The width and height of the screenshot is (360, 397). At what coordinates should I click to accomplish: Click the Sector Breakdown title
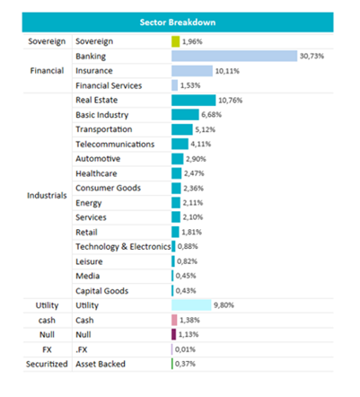(178, 22)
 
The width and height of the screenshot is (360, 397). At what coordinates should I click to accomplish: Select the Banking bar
(234, 56)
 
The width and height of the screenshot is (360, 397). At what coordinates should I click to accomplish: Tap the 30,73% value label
(312, 56)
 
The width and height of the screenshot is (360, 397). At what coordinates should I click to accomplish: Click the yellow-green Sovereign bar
(176, 41)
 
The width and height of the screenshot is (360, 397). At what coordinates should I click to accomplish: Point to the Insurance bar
(192, 71)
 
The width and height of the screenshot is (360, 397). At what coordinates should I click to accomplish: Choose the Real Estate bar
(194, 100)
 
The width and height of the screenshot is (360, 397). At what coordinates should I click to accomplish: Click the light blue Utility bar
(191, 305)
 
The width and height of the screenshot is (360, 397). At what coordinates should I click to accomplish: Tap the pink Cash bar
(174, 320)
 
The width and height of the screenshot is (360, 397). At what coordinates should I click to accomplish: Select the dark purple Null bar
(174, 334)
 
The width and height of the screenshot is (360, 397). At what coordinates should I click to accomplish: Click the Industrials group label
(47, 196)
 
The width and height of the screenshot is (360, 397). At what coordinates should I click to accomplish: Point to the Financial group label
(47, 71)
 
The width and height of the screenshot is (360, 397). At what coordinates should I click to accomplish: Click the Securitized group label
(47, 364)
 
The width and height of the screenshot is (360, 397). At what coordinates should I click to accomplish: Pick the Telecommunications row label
(115, 145)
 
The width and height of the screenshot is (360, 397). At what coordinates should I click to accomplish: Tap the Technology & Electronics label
(123, 247)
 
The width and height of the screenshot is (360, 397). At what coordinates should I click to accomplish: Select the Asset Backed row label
(101, 364)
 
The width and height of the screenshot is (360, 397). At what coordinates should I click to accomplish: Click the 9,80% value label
(224, 305)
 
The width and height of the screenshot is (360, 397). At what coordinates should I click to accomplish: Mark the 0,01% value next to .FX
(185, 349)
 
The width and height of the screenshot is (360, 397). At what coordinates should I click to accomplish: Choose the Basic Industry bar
(185, 115)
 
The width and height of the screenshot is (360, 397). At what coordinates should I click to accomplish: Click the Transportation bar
(182, 129)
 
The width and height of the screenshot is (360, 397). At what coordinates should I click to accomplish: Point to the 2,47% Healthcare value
(194, 173)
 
